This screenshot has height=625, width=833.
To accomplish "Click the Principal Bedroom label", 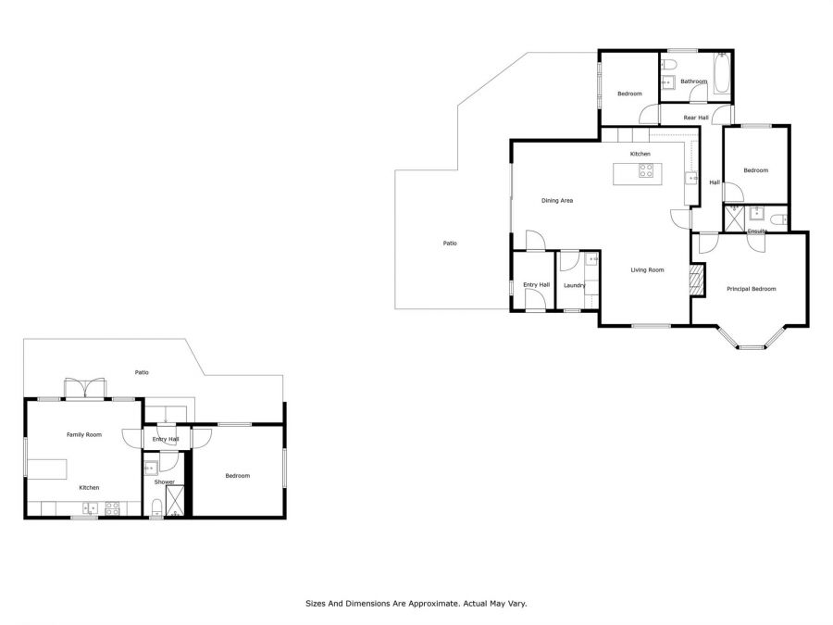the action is [752, 289].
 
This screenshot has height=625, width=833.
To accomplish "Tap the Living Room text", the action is [647, 270].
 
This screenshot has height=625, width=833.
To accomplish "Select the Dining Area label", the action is [557, 201].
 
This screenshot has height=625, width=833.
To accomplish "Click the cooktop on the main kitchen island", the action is [646, 170].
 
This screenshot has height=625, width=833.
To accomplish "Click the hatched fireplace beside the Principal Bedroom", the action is [695, 280].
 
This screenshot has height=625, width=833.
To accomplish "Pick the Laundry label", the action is [574, 285].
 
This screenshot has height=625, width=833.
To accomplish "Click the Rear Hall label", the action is [696, 118].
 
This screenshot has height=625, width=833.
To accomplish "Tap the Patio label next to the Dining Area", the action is [450, 244].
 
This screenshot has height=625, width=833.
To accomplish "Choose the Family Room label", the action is [84, 435].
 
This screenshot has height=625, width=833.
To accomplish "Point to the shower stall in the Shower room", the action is [175, 500].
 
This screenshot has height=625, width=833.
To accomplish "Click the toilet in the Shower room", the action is [156, 506].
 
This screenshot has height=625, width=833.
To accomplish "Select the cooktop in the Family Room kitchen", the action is [112, 508].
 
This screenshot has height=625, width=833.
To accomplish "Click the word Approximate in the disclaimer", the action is [431, 604].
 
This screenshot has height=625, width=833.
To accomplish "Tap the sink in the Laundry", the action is [591, 260].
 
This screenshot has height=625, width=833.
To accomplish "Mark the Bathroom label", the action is [694, 81].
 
